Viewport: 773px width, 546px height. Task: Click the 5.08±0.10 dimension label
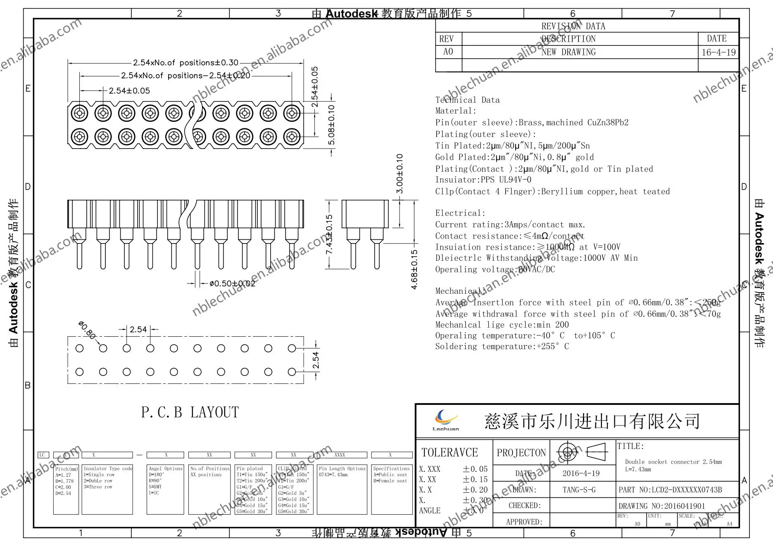pyautogui.click(x=331, y=125)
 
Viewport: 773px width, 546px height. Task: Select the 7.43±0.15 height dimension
pyautogui.click(x=329, y=234)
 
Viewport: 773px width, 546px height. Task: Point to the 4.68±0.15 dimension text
pyautogui.click(x=414, y=269)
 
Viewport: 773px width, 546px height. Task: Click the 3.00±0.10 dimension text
pyautogui.click(x=400, y=173)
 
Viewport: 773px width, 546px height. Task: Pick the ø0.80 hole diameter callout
pyautogui.click(x=87, y=330)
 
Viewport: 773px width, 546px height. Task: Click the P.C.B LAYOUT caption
pyautogui.click(x=190, y=412)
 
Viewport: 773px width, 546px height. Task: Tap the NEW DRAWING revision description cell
pyautogui.click(x=568, y=52)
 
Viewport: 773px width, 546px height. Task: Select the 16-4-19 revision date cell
pyautogui.click(x=718, y=52)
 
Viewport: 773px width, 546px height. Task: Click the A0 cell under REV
pyautogui.click(x=448, y=52)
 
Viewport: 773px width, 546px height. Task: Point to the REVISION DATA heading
pyautogui.click(x=573, y=26)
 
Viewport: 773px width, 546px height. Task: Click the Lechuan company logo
pyautogui.click(x=446, y=420)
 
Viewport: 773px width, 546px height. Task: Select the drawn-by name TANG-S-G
pyautogui.click(x=579, y=490)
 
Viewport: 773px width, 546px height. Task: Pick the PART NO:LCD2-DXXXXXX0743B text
pyautogui.click(x=670, y=490)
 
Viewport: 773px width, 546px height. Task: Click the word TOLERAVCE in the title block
pyautogui.click(x=450, y=452)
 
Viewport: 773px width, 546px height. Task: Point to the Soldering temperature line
pyautogui.click(x=502, y=347)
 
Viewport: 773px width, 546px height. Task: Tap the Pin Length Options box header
pyautogui.click(x=342, y=468)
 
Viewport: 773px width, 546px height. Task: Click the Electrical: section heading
pyautogui.click(x=460, y=213)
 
